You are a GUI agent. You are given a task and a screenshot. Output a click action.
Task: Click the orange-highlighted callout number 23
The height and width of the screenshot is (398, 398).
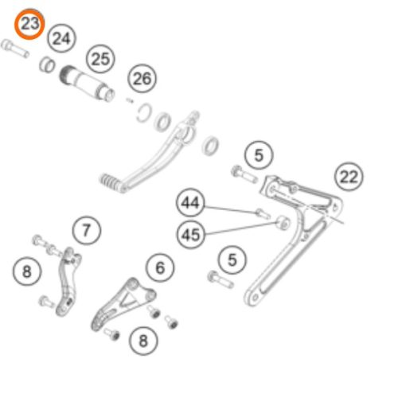tap(29, 24)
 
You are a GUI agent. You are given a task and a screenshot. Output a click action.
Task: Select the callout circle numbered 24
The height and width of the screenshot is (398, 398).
tap(61, 38)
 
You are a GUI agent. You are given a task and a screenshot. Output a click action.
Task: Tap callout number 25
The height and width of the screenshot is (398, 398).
tap(100, 59)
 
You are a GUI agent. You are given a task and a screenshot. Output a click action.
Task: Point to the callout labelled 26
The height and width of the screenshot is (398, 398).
tap(142, 79)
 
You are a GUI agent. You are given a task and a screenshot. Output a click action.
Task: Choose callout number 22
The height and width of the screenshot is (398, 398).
tap(349, 177)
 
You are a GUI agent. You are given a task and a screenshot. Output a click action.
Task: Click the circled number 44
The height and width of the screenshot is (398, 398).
tap(190, 203)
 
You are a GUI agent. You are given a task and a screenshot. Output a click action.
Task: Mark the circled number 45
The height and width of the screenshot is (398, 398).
tap(190, 235)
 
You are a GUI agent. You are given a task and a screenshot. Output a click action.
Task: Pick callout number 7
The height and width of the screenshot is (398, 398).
tap(87, 230)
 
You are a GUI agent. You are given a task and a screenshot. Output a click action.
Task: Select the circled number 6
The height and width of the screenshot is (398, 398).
tap(160, 267)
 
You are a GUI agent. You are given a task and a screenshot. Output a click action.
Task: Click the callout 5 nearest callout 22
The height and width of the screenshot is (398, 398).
tap(259, 155)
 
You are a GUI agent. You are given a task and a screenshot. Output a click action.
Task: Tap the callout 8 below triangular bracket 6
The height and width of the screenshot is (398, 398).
tap(143, 341)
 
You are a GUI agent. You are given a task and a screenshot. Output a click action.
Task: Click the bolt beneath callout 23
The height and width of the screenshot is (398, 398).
tap(15, 49)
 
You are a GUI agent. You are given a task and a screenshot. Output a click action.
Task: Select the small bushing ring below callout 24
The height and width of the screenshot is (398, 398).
tap(47, 64)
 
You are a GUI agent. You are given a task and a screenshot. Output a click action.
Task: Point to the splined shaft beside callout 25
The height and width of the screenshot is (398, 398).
tap(87, 83)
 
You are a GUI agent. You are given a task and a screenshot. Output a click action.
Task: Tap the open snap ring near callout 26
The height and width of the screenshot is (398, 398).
tap(144, 113)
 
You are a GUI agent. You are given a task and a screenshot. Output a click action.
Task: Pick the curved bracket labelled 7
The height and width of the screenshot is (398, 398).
tap(68, 281)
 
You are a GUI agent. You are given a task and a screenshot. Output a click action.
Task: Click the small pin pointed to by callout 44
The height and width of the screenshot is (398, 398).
tap(263, 213)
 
